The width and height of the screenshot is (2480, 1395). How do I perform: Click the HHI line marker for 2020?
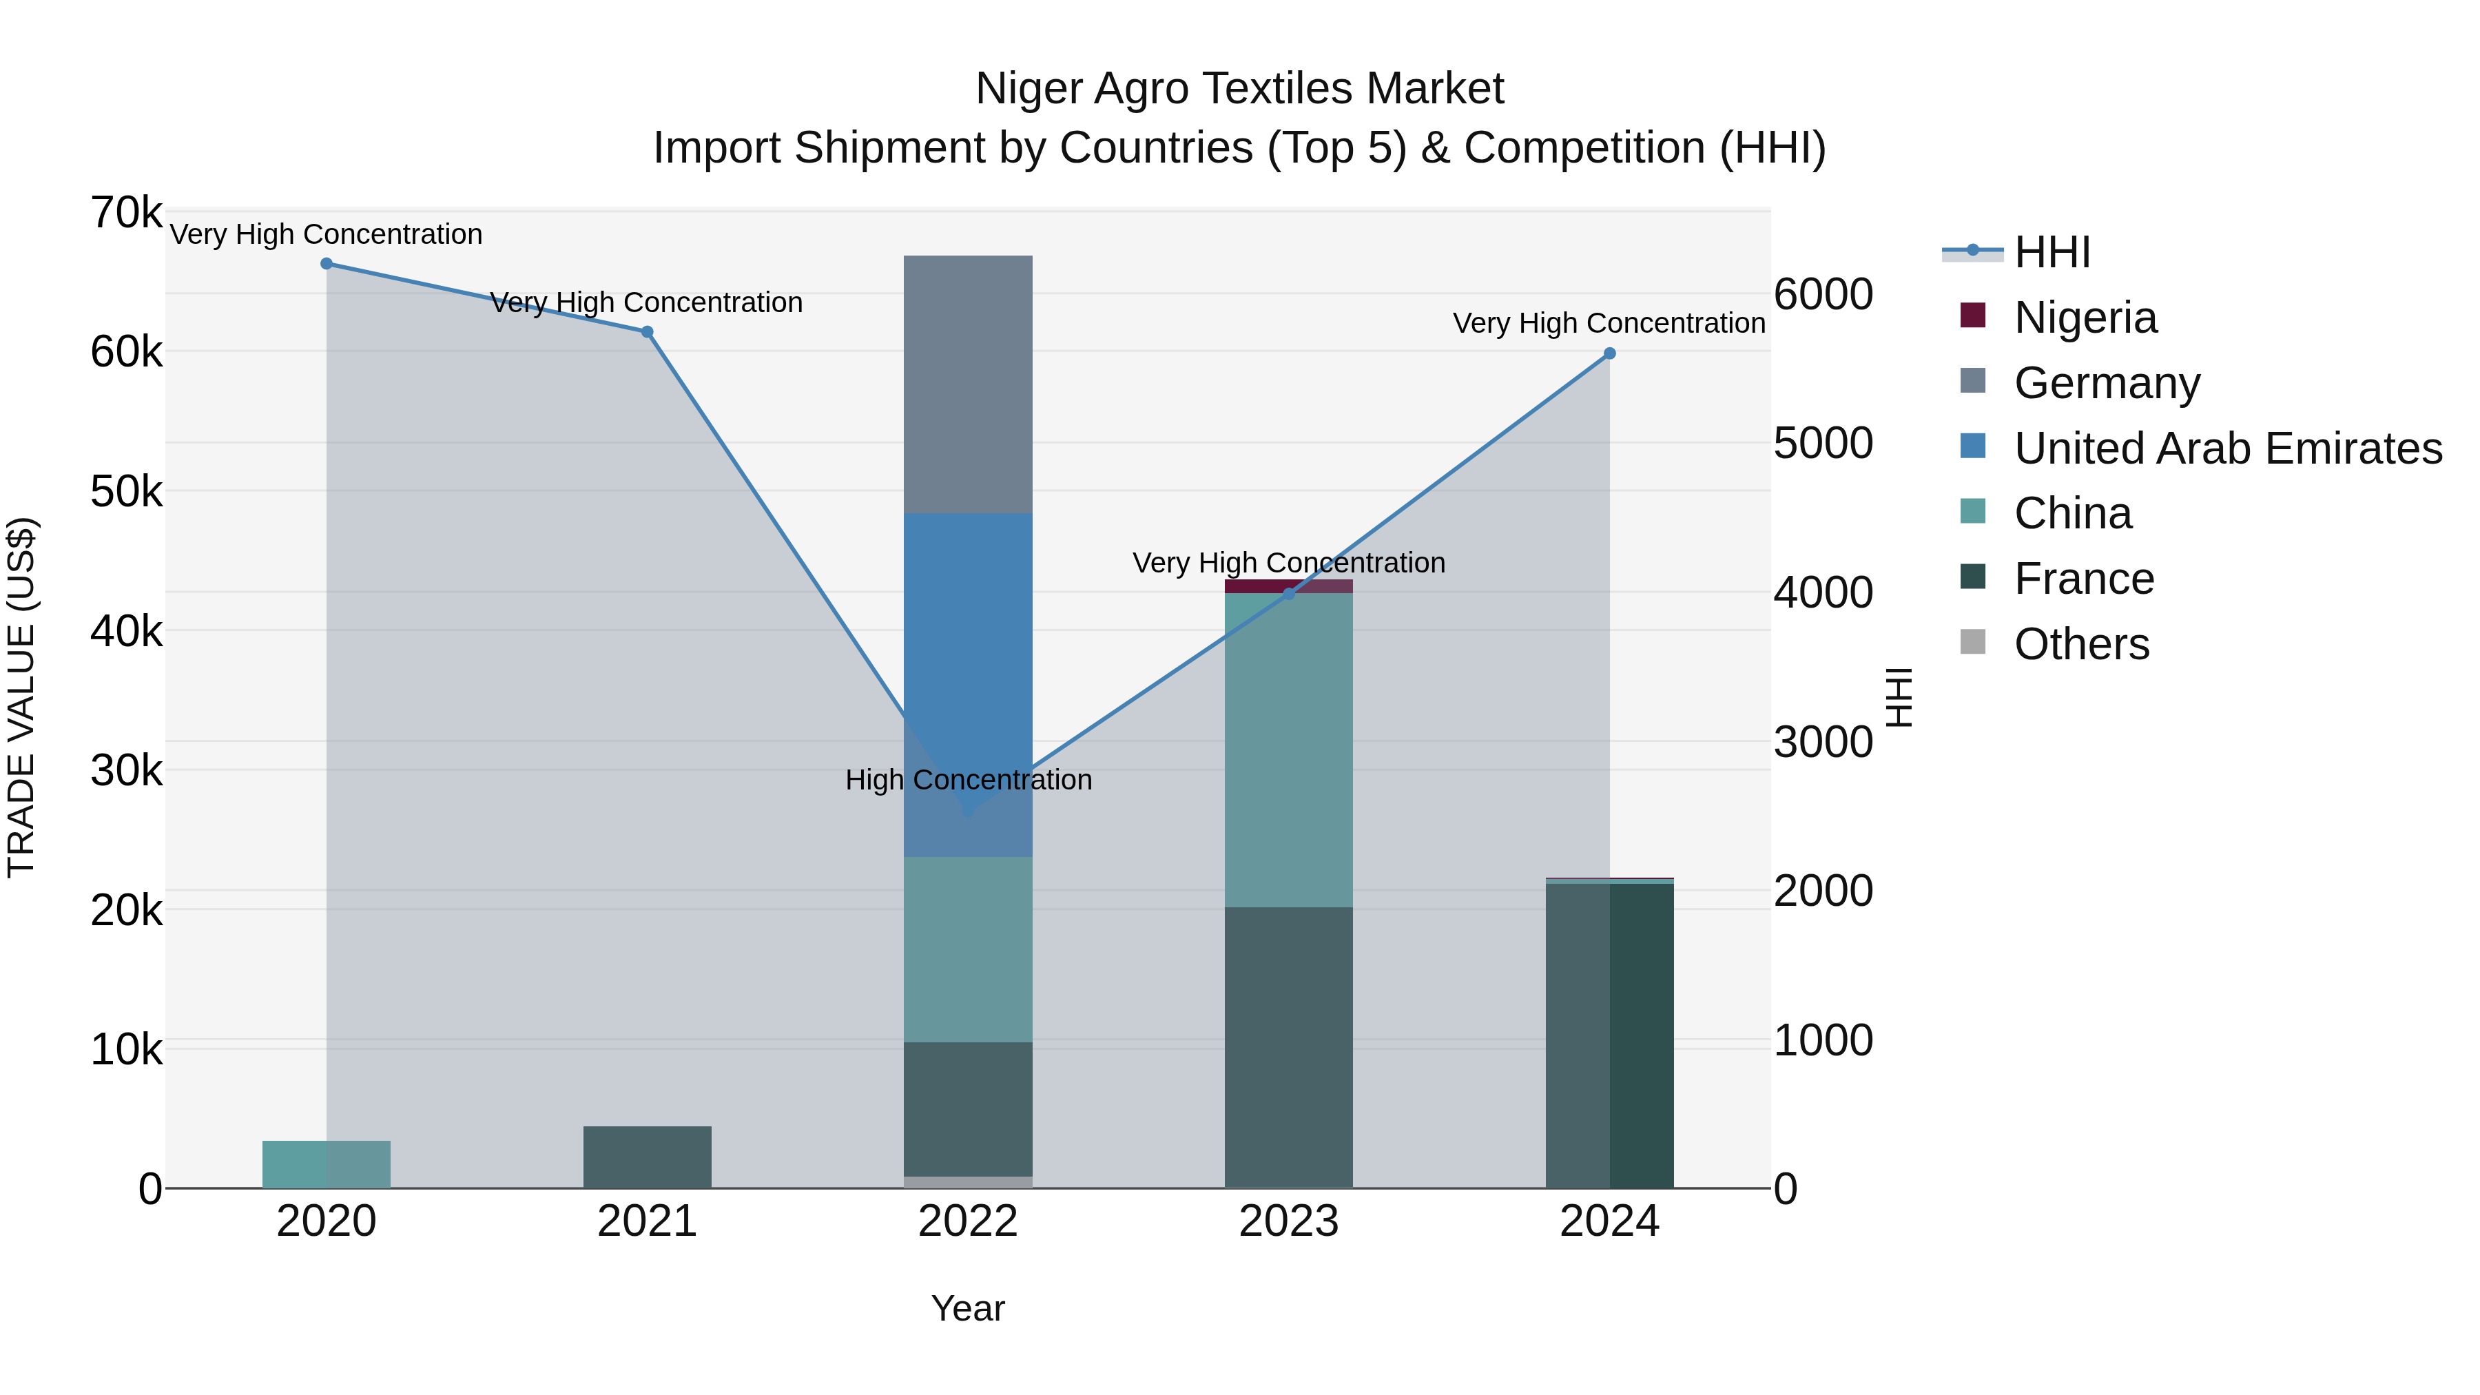(327, 264)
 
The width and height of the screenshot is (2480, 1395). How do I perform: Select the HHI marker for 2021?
(647, 332)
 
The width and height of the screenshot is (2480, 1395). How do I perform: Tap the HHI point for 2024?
(1609, 353)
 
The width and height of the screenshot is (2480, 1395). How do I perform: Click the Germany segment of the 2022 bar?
(968, 384)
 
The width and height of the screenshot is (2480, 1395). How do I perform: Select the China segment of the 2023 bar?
(1288, 750)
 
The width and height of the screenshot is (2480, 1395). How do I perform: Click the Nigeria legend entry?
(2085, 318)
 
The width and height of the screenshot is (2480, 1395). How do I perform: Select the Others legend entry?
(2080, 644)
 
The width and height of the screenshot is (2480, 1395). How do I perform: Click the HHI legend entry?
(2052, 252)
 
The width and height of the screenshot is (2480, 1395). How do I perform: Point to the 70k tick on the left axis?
(126, 213)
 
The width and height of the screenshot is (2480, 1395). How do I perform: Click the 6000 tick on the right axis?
(1822, 295)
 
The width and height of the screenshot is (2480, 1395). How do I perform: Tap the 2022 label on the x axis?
(968, 1221)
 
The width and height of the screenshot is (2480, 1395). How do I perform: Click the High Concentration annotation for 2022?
(968, 780)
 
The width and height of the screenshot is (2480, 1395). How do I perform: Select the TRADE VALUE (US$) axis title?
(21, 697)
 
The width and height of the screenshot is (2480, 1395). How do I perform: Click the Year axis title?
(968, 1308)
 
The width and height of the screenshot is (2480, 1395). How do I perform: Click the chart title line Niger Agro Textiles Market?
(1239, 89)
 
